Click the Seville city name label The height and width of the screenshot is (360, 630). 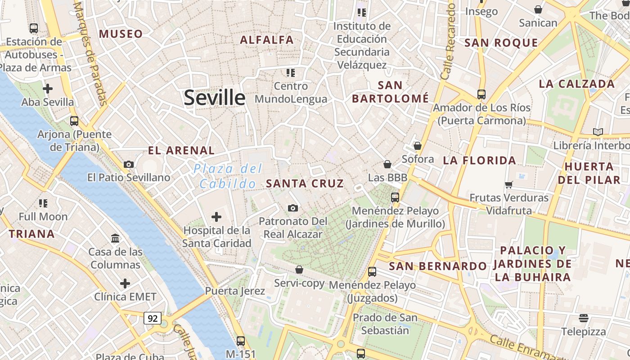point(215,98)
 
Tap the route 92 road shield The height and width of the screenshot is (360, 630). point(153,318)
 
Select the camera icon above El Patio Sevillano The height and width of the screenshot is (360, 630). point(129,164)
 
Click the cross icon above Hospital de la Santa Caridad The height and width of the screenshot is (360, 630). point(216,217)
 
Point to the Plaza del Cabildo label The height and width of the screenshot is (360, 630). point(228,176)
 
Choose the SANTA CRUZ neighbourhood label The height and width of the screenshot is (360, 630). point(305,183)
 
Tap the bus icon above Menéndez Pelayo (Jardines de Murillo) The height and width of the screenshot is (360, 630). point(395,197)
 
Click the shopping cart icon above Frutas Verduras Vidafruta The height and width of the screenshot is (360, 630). point(509,184)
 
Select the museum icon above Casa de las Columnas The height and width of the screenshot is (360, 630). point(115,238)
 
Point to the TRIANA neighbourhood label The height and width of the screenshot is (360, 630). point(32,234)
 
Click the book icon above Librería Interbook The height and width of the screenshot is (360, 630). point(598,132)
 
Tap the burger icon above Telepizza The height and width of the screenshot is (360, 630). point(584,318)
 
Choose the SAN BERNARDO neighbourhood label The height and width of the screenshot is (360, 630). point(438,266)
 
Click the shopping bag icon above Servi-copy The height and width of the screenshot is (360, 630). point(299,269)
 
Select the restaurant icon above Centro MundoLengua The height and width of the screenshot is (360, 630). point(291,72)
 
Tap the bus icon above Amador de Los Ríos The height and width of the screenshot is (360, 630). point(481,94)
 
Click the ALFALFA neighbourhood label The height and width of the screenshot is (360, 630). point(267,40)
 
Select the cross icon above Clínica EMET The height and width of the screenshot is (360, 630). point(125,283)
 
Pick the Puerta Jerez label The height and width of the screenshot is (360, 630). point(235,291)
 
